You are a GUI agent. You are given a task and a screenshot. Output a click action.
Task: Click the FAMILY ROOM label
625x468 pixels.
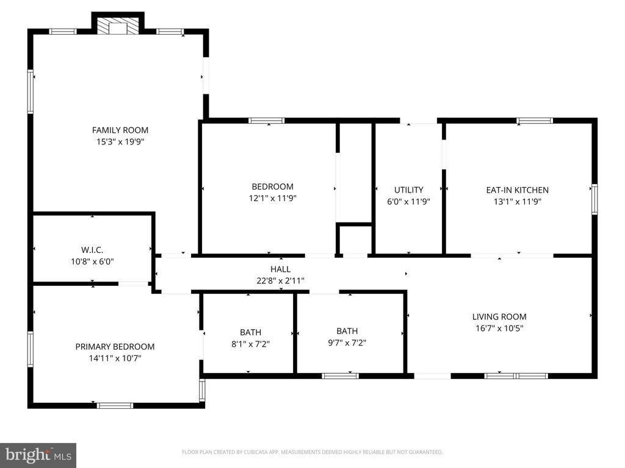120,130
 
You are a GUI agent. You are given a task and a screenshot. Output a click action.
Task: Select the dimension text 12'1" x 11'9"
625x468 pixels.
273,198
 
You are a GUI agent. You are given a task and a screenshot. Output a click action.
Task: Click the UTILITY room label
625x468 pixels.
408,190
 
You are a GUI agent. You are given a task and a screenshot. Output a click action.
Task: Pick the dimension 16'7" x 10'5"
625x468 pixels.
499,328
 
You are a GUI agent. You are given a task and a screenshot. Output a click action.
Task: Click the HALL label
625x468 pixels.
281,269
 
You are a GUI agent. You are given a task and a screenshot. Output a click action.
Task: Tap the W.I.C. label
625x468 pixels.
92,250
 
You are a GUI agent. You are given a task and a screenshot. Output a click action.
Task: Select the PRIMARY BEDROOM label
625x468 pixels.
115,346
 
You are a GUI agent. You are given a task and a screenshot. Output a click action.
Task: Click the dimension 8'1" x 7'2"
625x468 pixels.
250,344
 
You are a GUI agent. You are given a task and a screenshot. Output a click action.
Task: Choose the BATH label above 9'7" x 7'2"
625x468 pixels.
347,331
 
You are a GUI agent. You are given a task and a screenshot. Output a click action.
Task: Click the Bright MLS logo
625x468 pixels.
38,455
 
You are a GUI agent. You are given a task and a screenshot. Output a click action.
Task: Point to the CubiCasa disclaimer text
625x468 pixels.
312,452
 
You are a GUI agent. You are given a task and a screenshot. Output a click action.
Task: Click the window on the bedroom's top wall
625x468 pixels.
267,121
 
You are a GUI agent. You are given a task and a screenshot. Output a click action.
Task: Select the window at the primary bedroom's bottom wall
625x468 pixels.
115,405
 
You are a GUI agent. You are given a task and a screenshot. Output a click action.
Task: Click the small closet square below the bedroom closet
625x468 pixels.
355,239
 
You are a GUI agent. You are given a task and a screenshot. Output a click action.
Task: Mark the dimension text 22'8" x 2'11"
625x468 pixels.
281,281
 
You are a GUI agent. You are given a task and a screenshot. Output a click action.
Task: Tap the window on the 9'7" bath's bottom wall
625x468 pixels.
340,375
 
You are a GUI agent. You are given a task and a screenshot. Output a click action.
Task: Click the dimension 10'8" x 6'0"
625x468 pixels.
92,261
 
